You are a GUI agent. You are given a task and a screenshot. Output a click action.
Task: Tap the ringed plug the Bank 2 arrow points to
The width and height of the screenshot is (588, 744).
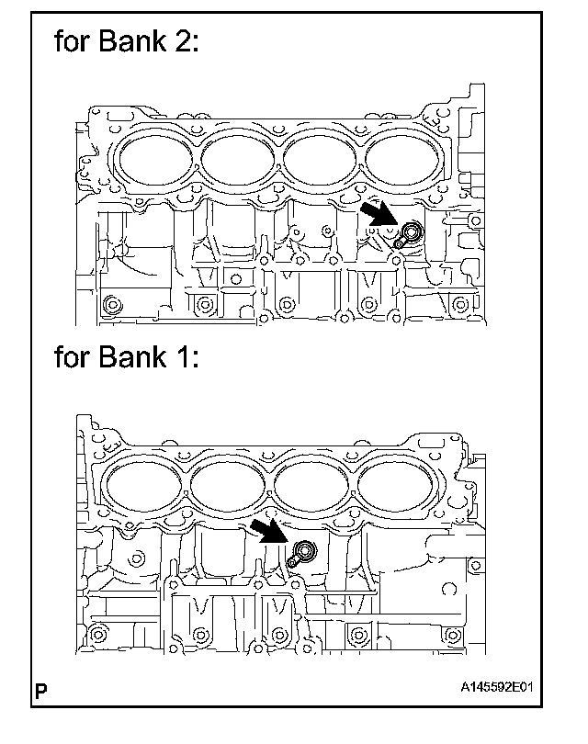pyautogui.click(x=411, y=231)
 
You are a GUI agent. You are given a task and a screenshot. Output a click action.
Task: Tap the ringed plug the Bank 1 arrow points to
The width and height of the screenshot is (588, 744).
pyautogui.click(x=305, y=551)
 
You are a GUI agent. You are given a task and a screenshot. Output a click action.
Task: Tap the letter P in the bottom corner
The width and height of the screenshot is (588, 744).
pyautogui.click(x=40, y=687)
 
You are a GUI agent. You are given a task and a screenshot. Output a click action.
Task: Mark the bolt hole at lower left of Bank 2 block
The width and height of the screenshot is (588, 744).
pyautogui.click(x=113, y=304)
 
